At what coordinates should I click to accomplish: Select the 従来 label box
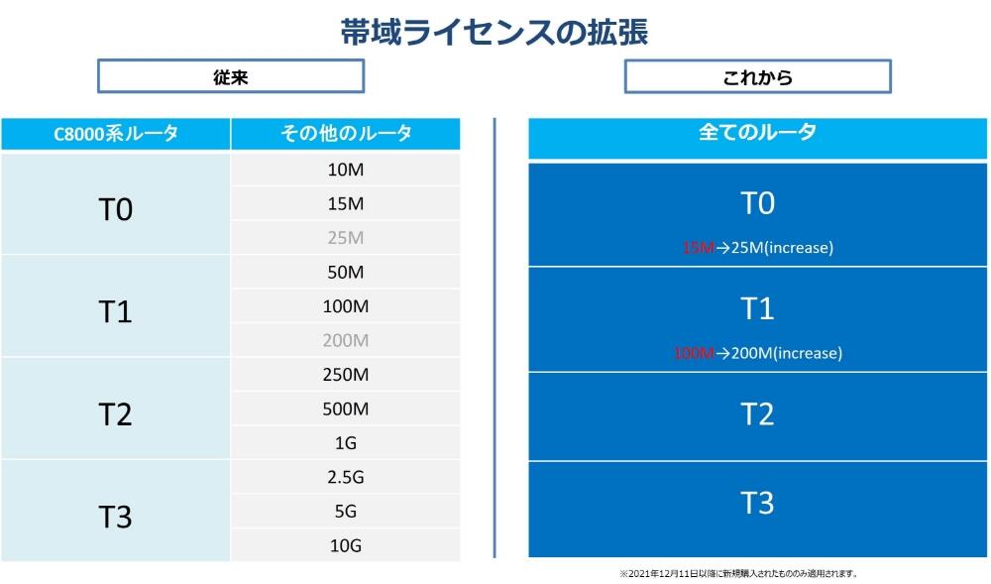pos(230,76)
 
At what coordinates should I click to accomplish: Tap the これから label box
pos(757,76)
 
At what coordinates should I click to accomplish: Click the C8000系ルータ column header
pos(116,134)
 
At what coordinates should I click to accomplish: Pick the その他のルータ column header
pos(345,134)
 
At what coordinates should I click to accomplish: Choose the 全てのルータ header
pos(757,132)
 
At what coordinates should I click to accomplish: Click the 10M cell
pos(345,170)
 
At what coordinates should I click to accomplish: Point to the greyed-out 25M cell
pos(345,238)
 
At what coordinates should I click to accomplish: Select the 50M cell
pos(345,272)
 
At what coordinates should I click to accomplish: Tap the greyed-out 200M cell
pos(345,340)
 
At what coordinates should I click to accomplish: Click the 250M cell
pos(345,375)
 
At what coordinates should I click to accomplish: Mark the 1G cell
pos(345,442)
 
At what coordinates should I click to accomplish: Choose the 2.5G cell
pos(345,477)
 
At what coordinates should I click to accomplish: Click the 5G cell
pos(345,512)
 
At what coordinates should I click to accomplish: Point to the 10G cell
pos(345,545)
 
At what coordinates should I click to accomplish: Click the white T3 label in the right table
pos(757,504)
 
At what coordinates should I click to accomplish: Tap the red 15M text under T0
pos(698,248)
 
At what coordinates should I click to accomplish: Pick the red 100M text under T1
pos(694,353)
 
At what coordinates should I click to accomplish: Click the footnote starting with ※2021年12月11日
pos(737,573)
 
